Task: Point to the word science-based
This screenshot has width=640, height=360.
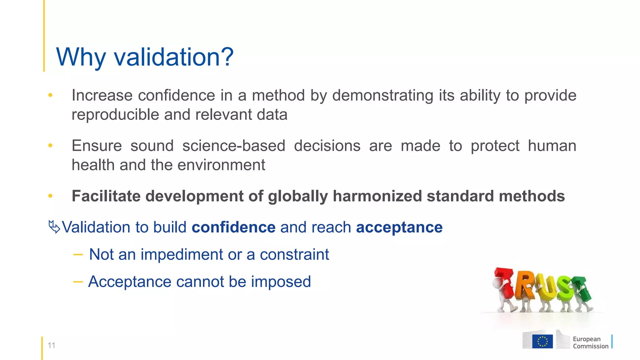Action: tap(234, 146)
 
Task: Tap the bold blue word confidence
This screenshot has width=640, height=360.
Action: tap(233, 227)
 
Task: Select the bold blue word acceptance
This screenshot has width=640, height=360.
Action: tap(399, 227)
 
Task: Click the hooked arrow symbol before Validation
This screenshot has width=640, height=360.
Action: tap(54, 227)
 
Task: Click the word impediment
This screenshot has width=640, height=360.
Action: tap(182, 254)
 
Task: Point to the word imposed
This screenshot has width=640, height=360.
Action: tap(281, 282)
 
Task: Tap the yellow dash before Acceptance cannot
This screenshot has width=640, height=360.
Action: tap(78, 282)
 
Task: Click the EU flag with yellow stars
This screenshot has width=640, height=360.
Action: tap(542, 341)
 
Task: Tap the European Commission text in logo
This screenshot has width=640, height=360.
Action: tap(590, 342)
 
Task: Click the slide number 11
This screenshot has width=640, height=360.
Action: tap(51, 345)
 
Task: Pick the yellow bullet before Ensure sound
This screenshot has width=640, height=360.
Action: tap(50, 145)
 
